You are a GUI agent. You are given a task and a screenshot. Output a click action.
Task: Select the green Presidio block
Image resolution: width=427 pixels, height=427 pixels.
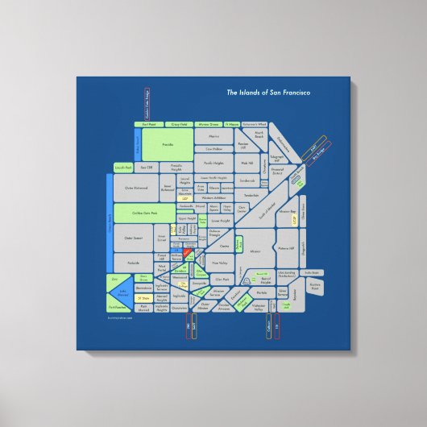click(168, 145)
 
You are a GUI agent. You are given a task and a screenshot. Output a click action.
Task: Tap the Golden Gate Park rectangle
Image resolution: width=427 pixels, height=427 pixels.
click(133, 213)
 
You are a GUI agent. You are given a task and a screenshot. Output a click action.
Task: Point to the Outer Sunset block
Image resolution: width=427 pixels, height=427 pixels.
click(133, 238)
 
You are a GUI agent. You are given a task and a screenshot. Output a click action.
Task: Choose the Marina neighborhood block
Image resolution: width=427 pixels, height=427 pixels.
click(213, 137)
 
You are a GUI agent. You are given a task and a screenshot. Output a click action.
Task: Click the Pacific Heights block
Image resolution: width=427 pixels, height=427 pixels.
click(213, 162)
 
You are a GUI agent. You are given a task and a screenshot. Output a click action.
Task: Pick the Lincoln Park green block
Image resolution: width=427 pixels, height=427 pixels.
click(122, 167)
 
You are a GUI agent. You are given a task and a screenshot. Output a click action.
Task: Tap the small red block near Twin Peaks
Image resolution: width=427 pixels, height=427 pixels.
click(187, 253)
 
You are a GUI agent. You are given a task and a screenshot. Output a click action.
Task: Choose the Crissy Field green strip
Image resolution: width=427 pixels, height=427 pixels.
click(180, 125)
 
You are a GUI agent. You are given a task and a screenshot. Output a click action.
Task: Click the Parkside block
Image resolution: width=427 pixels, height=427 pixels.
click(133, 263)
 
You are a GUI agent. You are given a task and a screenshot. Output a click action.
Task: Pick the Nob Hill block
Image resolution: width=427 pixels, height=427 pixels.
click(247, 163)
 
